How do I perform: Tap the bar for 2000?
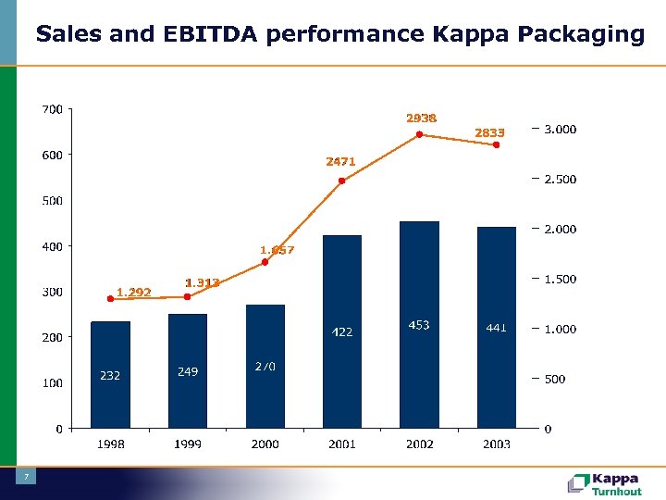(265, 366)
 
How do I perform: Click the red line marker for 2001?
(341, 181)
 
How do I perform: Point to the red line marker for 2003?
(497, 144)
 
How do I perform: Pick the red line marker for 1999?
(187, 296)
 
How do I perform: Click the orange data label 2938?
(421, 118)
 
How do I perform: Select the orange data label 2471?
(340, 161)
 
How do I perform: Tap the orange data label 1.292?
(133, 293)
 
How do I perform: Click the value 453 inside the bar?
(419, 325)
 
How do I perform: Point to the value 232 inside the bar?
(110, 375)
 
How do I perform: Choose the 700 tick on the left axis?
(53, 109)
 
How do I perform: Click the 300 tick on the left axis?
(53, 292)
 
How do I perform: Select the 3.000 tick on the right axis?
(560, 130)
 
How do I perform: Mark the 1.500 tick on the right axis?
(560, 279)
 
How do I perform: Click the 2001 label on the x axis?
(341, 444)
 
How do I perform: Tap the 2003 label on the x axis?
(497, 444)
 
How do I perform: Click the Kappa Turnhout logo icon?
(578, 483)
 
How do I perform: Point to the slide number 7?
(27, 477)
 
